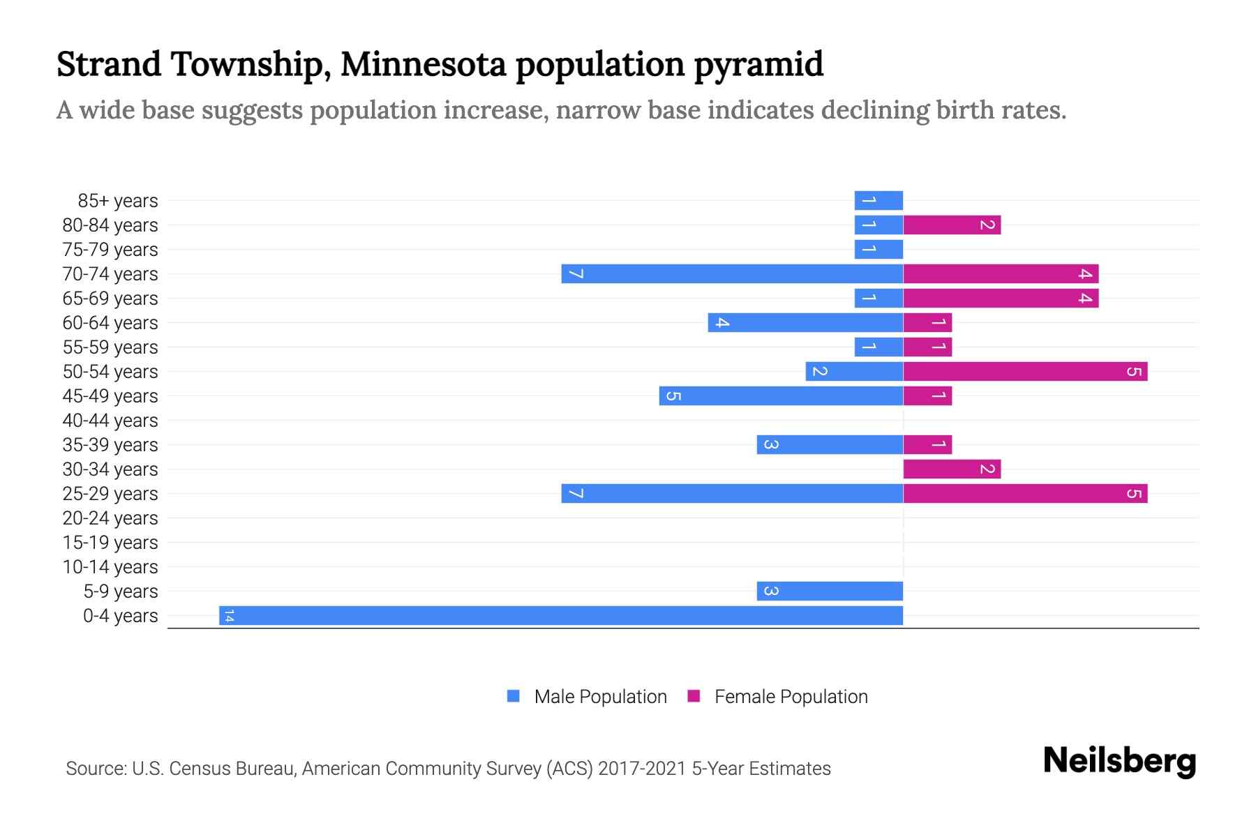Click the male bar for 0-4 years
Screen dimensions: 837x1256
pos(561,615)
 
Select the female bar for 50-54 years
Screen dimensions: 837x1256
pos(1025,371)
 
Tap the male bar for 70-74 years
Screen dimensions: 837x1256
pos(732,273)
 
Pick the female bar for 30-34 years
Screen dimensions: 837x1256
pos(952,469)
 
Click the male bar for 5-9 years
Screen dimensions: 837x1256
pos(830,591)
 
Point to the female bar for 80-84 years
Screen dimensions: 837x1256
pos(952,225)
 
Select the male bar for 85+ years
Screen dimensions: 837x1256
pos(879,200)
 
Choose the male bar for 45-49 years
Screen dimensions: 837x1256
pos(781,395)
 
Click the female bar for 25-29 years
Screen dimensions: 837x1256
pos(1025,493)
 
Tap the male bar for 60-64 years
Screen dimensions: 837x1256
pos(805,322)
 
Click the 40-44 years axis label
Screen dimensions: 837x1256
pos(110,421)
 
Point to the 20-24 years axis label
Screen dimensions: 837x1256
pos(110,518)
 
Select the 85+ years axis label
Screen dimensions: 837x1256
pos(118,201)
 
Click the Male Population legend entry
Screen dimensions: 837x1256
pos(599,696)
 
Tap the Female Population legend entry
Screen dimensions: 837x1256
pos(790,696)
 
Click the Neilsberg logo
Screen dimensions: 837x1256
pos(1119,760)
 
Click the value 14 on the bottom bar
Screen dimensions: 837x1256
pos(229,615)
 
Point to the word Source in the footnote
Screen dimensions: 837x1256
pos(95,769)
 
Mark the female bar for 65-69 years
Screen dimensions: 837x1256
pos(1001,298)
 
